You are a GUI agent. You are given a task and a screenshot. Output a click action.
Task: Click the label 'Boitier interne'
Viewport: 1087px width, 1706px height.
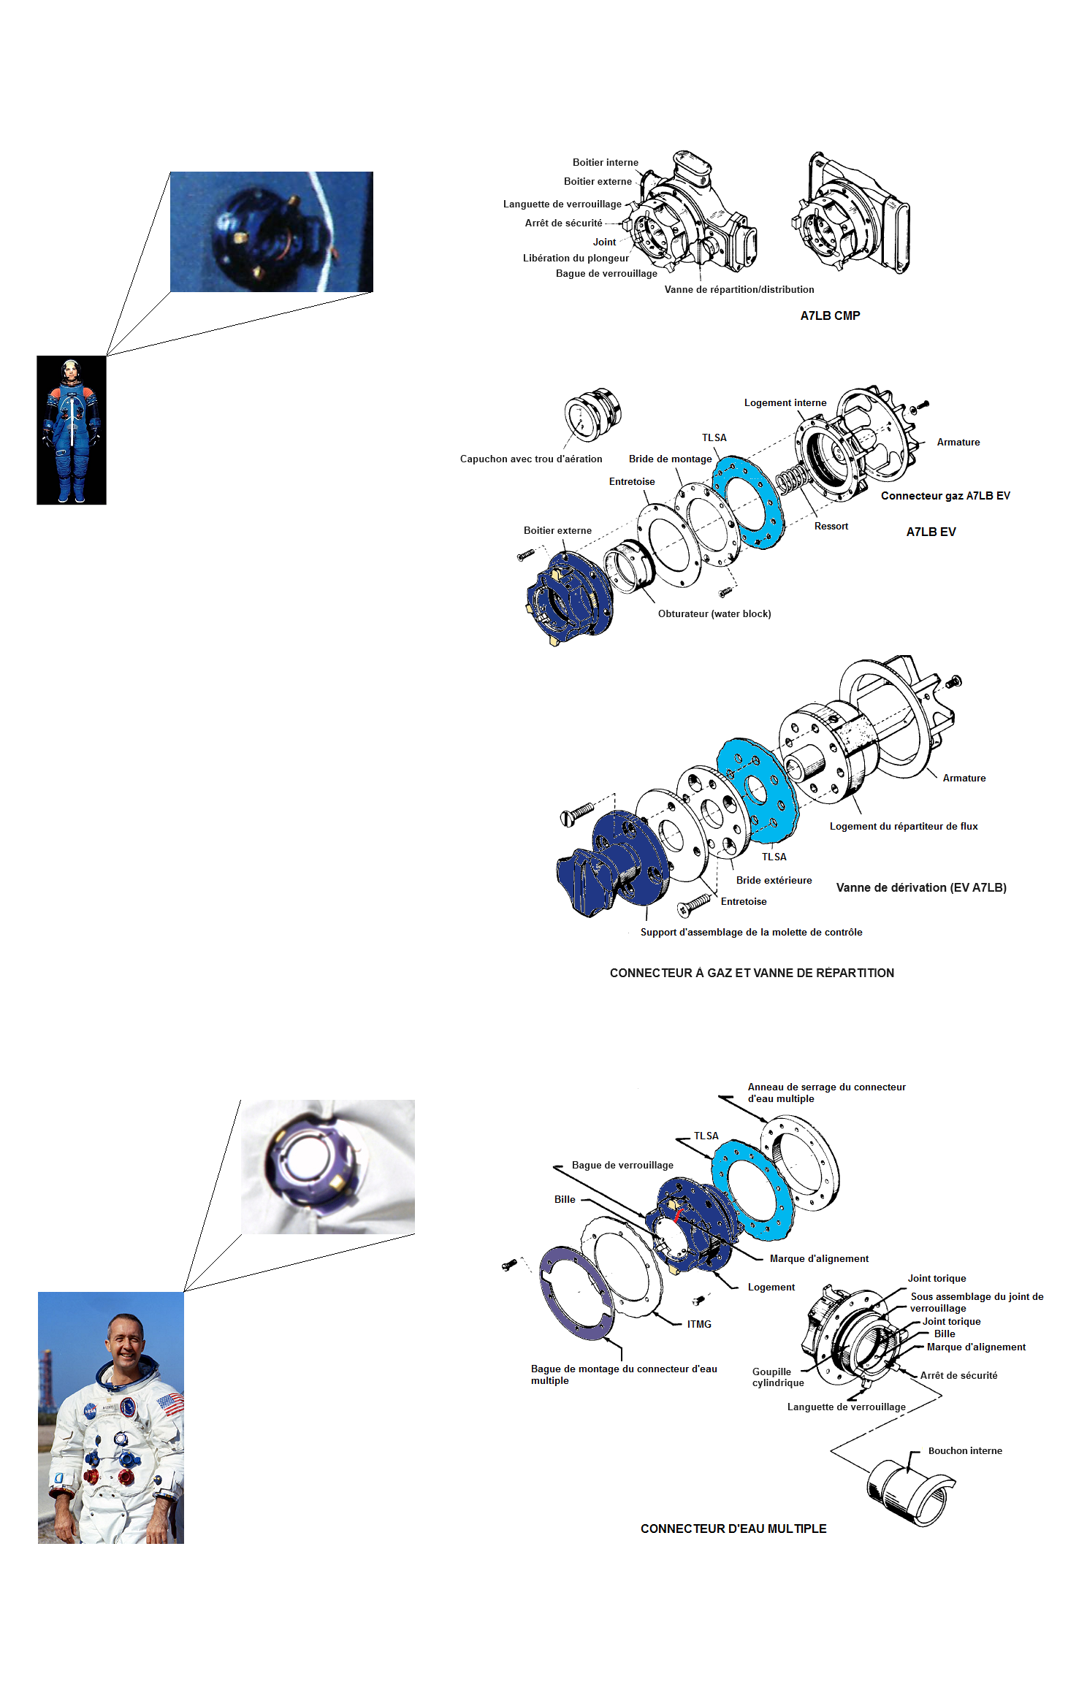pyautogui.click(x=605, y=162)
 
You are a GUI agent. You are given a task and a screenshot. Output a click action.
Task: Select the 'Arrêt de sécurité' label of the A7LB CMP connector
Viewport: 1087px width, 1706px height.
pyautogui.click(x=563, y=223)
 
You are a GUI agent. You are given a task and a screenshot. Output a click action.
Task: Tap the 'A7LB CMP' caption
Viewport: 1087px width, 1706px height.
pyautogui.click(x=830, y=315)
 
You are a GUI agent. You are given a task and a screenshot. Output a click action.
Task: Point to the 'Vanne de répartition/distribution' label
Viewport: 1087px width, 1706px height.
pyautogui.click(x=739, y=289)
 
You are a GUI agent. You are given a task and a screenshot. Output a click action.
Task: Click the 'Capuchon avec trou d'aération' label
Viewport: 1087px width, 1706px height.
pyautogui.click(x=531, y=459)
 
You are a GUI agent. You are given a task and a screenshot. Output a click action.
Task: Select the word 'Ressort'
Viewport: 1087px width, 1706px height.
pyautogui.click(x=831, y=526)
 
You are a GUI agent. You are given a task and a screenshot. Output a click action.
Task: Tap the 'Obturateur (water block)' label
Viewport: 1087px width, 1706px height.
pyautogui.click(x=714, y=613)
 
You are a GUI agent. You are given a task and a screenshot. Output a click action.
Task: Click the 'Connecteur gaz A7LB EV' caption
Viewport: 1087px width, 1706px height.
pyautogui.click(x=945, y=495)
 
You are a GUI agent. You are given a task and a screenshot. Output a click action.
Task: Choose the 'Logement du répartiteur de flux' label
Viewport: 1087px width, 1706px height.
pyautogui.click(x=904, y=826)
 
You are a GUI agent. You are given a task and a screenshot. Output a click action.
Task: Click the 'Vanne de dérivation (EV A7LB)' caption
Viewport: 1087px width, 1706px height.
pyautogui.click(x=921, y=887)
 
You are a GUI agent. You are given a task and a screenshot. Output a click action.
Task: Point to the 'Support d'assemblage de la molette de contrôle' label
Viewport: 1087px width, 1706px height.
pyautogui.click(x=751, y=932)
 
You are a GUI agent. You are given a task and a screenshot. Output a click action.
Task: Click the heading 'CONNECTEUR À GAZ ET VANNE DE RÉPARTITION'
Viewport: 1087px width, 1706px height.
pyautogui.click(x=752, y=973)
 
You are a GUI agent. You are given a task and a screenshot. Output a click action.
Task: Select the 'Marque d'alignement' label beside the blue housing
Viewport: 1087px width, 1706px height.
pyautogui.click(x=819, y=1258)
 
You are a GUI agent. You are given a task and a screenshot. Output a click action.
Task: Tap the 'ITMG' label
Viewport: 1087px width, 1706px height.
pyautogui.click(x=699, y=1324)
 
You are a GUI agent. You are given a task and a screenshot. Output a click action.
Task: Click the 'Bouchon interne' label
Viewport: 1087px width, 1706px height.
pyautogui.click(x=965, y=1450)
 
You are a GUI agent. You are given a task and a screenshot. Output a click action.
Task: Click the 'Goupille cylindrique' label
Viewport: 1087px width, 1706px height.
pyautogui.click(x=778, y=1377)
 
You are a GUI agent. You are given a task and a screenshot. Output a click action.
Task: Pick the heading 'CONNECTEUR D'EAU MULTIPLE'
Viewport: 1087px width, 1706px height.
pyautogui.click(x=733, y=1529)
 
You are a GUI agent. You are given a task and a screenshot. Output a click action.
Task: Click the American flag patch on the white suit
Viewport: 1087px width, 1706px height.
pyautogui.click(x=170, y=1402)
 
